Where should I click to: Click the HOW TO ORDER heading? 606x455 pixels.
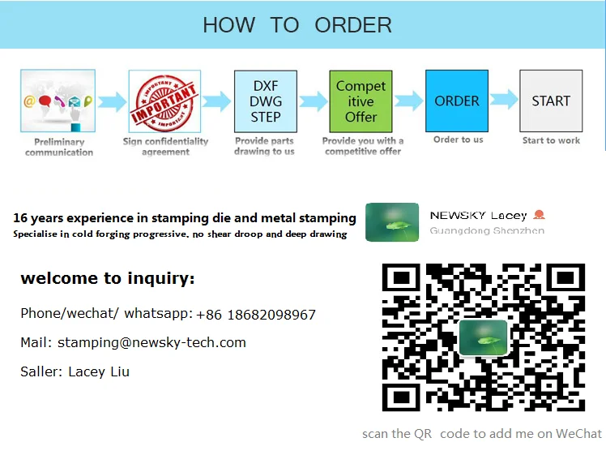pos(297,25)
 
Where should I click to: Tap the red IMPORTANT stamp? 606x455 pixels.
pos(164,101)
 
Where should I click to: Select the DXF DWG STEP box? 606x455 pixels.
pos(266,101)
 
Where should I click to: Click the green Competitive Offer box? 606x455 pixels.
pos(361,101)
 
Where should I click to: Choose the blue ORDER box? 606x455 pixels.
pos(457,101)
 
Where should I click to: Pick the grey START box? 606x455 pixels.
pos(551,101)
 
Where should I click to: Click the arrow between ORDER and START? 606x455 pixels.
pos(504,100)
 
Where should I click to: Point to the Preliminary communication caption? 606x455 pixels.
pos(59,147)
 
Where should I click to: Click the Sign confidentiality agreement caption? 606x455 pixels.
pos(165,147)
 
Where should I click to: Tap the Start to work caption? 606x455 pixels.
pos(551,140)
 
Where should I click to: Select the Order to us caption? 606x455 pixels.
pos(458,140)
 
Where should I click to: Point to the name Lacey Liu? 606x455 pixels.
pos(99,371)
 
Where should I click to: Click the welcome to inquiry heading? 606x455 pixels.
pos(108,279)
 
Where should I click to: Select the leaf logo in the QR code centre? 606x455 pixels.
pos(483,337)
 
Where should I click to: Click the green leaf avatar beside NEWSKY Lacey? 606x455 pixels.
pos(392,222)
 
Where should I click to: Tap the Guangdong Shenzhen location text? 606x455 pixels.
pos(487,230)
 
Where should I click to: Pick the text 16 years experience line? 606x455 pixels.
pos(185,217)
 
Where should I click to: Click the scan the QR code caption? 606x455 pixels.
pos(482,434)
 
